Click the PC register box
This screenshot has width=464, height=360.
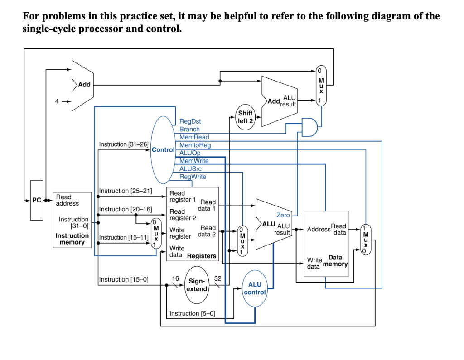click(x=37, y=200)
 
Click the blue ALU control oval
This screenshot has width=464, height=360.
click(x=255, y=288)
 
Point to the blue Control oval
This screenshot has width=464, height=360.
click(x=163, y=149)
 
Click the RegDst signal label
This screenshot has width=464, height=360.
click(x=190, y=121)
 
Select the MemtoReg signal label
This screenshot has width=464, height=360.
click(x=195, y=145)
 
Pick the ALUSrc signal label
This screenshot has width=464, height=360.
click(x=191, y=168)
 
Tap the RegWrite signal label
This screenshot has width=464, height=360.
click(x=193, y=177)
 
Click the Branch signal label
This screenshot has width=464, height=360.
click(x=189, y=129)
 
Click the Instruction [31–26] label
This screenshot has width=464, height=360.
click(x=124, y=144)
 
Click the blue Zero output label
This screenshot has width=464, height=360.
click(x=283, y=215)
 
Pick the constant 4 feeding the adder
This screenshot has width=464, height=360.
click(x=57, y=101)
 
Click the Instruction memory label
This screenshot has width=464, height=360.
click(x=72, y=239)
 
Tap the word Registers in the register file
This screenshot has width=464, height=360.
click(x=202, y=256)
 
